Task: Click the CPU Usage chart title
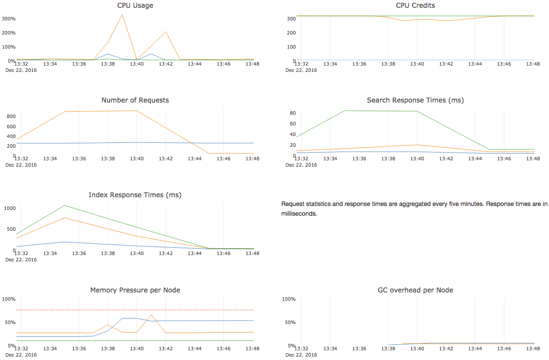coord(135,6)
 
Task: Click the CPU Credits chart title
coord(415,6)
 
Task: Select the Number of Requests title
coord(135,100)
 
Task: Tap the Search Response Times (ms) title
coord(415,100)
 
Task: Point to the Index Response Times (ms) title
coord(135,195)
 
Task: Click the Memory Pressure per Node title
coord(135,290)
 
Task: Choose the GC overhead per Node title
coord(415,290)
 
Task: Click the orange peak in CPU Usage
coord(122,15)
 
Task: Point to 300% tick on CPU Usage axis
coord(9,19)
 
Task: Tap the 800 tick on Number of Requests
coord(11,117)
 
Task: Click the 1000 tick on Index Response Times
coord(10,208)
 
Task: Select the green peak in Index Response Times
coord(65,206)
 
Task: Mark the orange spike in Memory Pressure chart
coord(151,315)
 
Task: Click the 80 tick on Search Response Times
coord(293,113)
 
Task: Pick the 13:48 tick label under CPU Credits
coord(533,64)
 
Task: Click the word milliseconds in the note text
coord(299,213)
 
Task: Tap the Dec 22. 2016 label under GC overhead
coord(301,355)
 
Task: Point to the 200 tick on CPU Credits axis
coord(291,33)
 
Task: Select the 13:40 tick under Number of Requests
coord(137,158)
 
